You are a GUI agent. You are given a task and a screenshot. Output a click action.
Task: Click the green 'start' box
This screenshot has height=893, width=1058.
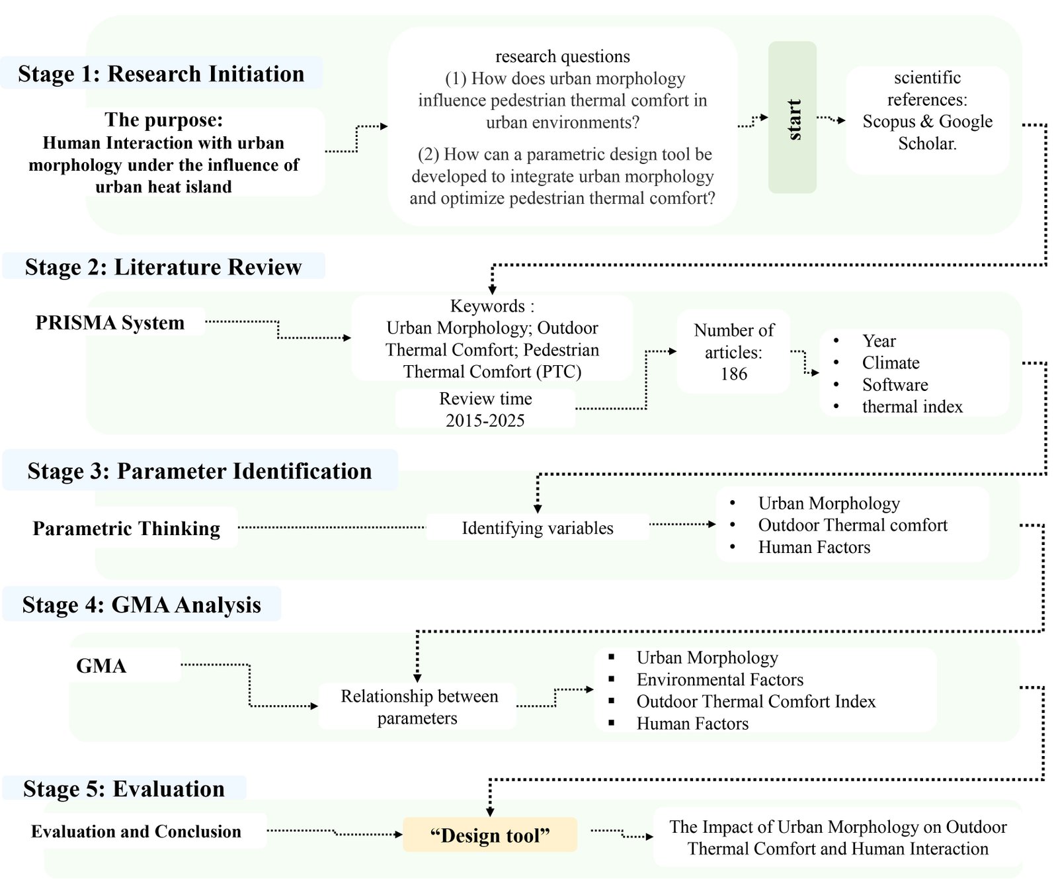tap(792, 118)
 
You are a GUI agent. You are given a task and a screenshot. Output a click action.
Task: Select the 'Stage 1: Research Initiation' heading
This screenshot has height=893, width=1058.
tap(161, 73)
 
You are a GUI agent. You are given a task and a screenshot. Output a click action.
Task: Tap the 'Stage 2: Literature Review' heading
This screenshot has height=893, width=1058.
tap(163, 267)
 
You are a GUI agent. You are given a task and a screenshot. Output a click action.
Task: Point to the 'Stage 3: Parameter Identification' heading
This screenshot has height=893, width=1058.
tap(200, 471)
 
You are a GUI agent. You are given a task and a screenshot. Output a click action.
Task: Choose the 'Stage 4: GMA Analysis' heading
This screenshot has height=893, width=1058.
tap(142, 605)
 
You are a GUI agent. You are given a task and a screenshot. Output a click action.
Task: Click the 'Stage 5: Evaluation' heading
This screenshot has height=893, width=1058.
tap(124, 788)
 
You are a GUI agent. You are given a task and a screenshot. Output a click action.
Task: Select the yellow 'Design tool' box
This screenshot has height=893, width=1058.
tap(490, 835)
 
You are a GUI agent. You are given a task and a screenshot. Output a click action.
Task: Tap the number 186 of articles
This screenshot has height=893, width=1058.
tap(734, 374)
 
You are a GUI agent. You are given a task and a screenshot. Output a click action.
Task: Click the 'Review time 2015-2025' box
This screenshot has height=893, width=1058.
tap(485, 409)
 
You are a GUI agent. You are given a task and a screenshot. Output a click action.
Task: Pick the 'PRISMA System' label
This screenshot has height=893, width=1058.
tap(110, 323)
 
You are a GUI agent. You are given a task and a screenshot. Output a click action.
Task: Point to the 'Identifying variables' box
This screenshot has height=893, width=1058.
tap(537, 528)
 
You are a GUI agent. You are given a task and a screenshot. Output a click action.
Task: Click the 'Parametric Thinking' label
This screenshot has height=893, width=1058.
tap(126, 529)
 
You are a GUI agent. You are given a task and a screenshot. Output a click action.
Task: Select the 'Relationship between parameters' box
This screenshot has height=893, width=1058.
tap(419, 706)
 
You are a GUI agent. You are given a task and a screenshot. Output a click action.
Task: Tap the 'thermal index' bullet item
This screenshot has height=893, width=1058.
tap(912, 407)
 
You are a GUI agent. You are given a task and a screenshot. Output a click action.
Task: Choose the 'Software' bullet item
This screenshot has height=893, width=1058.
tap(895, 385)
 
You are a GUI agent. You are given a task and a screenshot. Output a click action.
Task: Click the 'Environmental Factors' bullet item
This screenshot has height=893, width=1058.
tap(719, 680)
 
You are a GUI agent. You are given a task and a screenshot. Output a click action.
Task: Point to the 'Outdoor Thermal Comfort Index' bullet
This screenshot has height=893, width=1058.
tap(756, 702)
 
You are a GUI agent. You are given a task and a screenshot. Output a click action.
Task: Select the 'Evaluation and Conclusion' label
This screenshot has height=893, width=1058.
tap(136, 831)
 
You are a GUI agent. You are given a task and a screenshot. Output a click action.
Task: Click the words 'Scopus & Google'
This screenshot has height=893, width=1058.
tap(927, 122)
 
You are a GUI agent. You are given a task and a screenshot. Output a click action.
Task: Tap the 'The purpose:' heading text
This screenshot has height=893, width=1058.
tap(163, 120)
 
